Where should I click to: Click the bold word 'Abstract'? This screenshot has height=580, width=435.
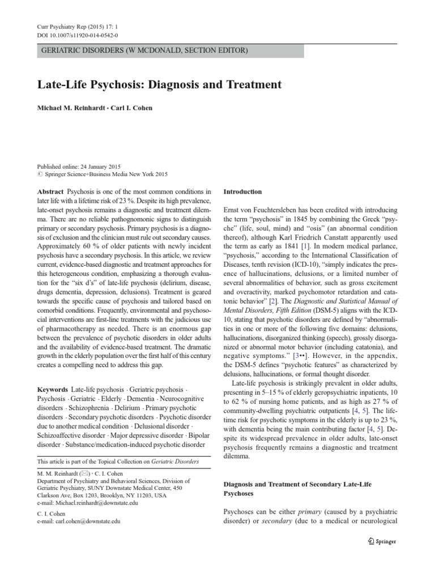click(49, 191)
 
